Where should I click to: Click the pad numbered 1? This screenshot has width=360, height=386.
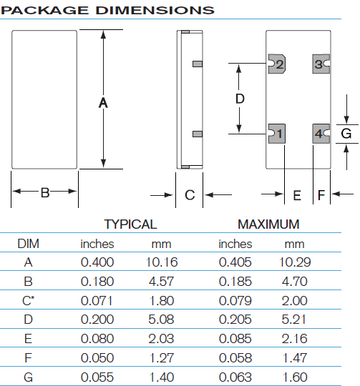click(x=276, y=133)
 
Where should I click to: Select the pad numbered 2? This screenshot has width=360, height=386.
click(x=276, y=64)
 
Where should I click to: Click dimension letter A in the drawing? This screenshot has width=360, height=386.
click(x=103, y=103)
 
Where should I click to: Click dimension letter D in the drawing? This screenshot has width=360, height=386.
click(x=240, y=99)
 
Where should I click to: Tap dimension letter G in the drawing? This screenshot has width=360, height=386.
click(x=346, y=134)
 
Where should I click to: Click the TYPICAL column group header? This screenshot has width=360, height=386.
click(x=130, y=224)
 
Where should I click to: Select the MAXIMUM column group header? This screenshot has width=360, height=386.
click(x=268, y=224)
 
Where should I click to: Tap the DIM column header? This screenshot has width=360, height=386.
click(x=28, y=244)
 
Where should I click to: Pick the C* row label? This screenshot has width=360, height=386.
click(x=29, y=300)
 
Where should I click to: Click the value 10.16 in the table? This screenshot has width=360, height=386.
click(x=162, y=262)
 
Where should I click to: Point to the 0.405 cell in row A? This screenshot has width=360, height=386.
click(x=235, y=262)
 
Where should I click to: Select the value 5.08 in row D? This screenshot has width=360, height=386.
click(x=162, y=319)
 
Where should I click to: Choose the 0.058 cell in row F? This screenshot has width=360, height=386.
click(x=235, y=356)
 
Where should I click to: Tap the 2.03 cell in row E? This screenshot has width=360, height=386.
click(x=162, y=337)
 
